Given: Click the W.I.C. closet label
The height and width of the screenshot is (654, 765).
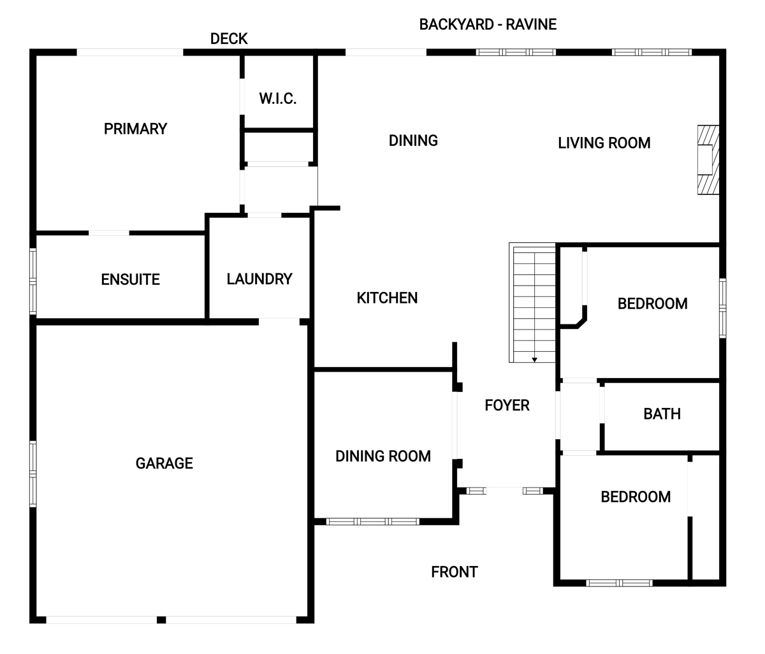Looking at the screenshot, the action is tap(277, 99).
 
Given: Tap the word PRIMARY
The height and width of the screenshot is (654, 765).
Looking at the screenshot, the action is tap(135, 129).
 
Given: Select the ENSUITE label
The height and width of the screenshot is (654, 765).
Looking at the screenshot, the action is tap(130, 279).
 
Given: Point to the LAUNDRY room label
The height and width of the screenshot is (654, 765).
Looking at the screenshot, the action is tap(259, 279).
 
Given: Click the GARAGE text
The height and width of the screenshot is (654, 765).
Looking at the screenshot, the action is tap(164, 463).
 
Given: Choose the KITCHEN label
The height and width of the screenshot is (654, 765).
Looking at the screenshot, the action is tap(387, 298).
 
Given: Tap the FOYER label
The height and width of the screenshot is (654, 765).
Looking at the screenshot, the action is tap(507, 405).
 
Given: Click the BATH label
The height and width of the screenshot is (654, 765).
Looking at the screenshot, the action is tap(662, 414).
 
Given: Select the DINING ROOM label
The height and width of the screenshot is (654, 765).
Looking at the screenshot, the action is tap(383, 456).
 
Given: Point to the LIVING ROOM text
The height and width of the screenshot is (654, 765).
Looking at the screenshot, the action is tap(604, 143).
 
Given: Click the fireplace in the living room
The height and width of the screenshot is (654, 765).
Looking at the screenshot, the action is tap(708, 160).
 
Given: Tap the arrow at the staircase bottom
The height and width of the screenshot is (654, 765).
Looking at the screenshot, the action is tap(534, 360).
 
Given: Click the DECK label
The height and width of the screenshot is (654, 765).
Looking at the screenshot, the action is tap(229, 39).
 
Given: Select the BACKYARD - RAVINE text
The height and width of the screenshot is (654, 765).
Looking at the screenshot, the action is tap(488, 25).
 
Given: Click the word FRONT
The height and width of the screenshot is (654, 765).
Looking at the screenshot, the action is tap(455, 572).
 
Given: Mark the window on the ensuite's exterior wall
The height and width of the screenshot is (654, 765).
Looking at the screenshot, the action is tap(33, 281).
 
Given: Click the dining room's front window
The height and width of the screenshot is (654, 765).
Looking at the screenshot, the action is tap(373, 521).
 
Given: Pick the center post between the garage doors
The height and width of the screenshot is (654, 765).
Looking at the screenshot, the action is tap(161, 620).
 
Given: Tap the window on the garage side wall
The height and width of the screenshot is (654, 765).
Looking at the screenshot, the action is tap(33, 474).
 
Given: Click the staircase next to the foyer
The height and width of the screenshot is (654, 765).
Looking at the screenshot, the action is tap(532, 302).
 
